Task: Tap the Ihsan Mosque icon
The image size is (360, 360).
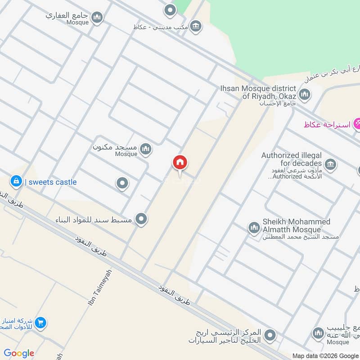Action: click(x=305, y=94)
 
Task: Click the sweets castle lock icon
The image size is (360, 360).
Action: click(x=16, y=181)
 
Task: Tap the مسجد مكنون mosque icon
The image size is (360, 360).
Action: click(x=145, y=149)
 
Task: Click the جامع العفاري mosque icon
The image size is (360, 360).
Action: click(x=97, y=18)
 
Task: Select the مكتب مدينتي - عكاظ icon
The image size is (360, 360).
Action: click(x=195, y=26)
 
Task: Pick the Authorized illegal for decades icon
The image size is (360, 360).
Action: click(x=330, y=165)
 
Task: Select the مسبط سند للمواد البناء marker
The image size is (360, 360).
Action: click(x=142, y=219)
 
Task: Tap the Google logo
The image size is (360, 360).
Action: click(x=19, y=353)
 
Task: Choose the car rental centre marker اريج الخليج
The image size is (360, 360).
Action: click(x=270, y=335)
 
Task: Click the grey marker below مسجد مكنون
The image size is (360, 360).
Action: click(x=122, y=184)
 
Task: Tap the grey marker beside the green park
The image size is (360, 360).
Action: click(x=170, y=10)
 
